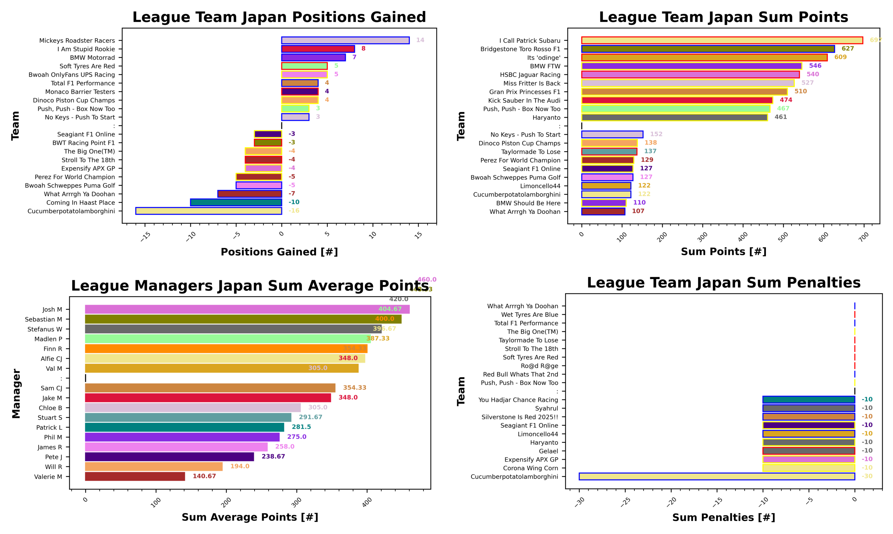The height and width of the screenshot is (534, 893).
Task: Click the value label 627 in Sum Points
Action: tap(847, 48)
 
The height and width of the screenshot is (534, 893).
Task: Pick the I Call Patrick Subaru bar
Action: tap(722, 40)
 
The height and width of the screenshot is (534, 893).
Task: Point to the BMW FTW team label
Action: tap(545, 66)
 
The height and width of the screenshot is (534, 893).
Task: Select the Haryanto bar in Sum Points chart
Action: tap(674, 117)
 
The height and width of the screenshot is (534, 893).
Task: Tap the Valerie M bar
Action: tap(135, 476)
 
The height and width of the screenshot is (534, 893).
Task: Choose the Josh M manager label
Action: tap(52, 309)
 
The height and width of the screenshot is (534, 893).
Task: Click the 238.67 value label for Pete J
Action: tap(273, 456)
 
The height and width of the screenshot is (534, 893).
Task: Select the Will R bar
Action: tap(153, 466)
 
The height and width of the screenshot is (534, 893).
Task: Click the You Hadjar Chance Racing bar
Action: tap(808, 400)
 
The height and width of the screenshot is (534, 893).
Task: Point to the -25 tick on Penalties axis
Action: tap(625, 501)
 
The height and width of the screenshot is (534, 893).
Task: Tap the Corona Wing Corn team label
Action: tap(530, 468)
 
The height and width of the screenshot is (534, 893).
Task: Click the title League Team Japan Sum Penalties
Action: tap(723, 283)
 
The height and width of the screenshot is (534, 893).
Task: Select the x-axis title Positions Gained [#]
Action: tap(279, 252)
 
